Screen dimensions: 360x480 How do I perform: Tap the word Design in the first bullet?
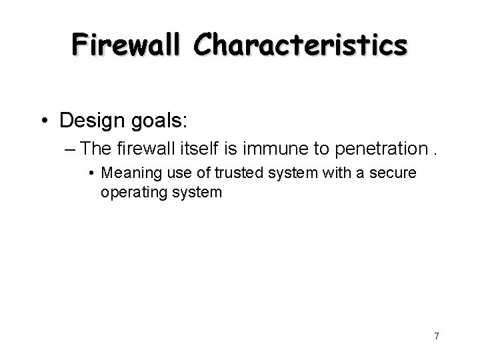91,121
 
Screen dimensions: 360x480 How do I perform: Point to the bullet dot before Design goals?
47,121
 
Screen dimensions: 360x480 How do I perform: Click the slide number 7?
436,335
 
